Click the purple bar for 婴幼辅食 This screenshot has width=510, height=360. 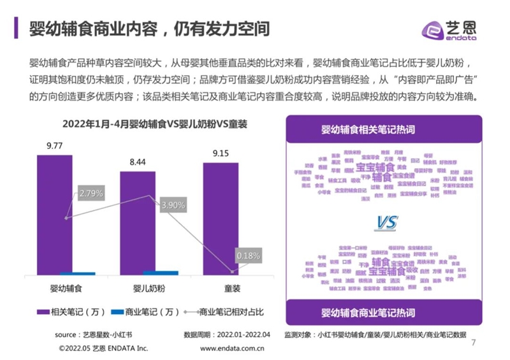[55, 213]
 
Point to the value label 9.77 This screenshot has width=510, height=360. [55, 145]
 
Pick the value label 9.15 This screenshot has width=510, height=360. [221, 153]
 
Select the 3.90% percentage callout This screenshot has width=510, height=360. [173, 205]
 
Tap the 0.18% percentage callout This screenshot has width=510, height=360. [248, 256]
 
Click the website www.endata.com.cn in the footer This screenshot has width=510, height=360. [233, 349]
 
